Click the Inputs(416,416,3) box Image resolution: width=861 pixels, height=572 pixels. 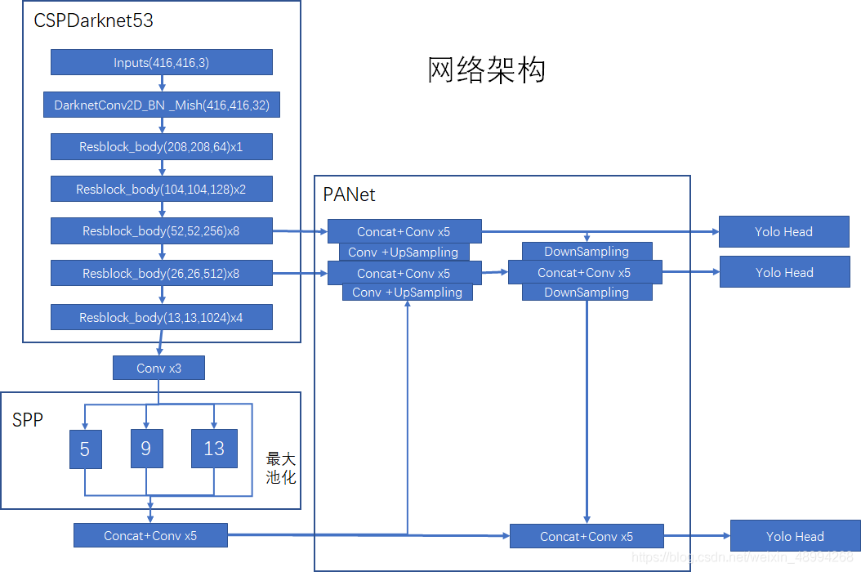click(x=162, y=63)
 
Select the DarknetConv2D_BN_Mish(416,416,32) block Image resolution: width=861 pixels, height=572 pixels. click(x=162, y=105)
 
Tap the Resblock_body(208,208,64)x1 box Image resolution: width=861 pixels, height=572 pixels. click(x=162, y=147)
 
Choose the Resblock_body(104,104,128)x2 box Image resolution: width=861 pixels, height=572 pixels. click(x=162, y=189)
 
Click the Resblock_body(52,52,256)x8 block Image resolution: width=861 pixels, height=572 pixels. click(x=162, y=231)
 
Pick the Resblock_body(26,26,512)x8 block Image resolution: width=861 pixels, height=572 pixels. click(x=162, y=273)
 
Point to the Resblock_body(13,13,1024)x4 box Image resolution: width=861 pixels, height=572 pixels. click(x=162, y=317)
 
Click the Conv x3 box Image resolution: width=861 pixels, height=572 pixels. click(x=158, y=369)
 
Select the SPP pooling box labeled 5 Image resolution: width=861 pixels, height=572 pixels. click(x=85, y=449)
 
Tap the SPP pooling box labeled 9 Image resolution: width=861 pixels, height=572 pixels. click(x=146, y=449)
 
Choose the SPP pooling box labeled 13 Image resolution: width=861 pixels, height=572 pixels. click(x=214, y=449)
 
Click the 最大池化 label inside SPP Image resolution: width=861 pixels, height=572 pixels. click(x=281, y=468)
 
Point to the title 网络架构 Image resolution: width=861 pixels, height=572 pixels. click(x=486, y=70)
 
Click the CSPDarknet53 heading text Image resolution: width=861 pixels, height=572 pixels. click(x=93, y=20)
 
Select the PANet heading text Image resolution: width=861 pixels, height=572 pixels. click(x=349, y=194)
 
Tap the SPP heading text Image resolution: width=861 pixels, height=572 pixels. click(x=27, y=420)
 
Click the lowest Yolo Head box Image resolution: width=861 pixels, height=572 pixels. click(x=794, y=536)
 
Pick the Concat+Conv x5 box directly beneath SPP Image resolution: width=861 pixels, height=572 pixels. click(x=150, y=536)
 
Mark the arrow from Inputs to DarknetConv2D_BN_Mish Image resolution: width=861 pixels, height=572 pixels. click(x=162, y=83)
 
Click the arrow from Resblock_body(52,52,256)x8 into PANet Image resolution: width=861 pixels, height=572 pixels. click(x=300, y=231)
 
